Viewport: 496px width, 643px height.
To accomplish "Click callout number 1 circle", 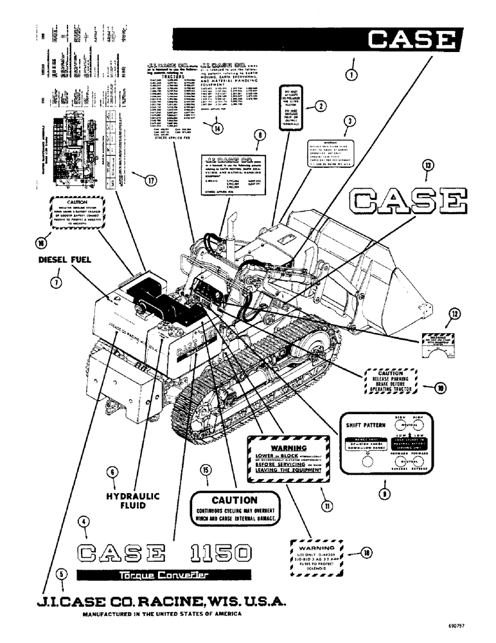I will click(351, 74).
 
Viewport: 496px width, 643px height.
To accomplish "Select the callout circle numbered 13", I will click(428, 167).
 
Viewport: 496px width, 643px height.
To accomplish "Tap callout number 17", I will click(150, 180).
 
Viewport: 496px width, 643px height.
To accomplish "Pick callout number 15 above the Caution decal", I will click(205, 470).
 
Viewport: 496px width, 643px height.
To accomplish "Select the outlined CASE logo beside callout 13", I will click(406, 201).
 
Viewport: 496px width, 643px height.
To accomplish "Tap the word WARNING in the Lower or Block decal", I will click(287, 447).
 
